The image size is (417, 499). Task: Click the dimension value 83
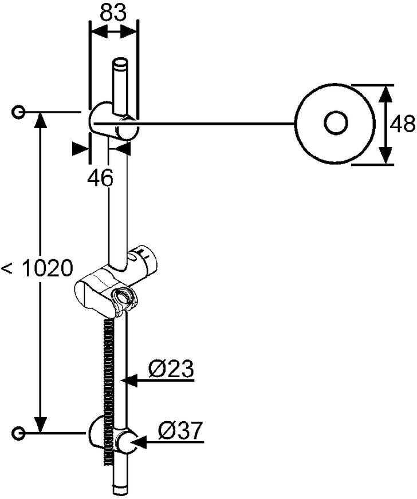tap(113, 12)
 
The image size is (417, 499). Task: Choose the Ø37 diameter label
tap(180, 431)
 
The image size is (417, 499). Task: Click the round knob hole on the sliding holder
tap(121, 297)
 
